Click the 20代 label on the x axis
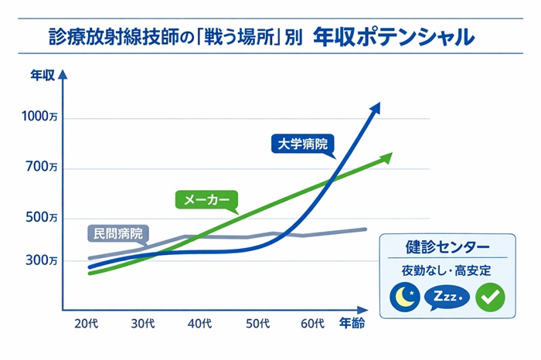(86, 323)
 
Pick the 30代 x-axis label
(143, 323)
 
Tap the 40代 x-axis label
(199, 323)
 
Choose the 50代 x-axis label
(257, 323)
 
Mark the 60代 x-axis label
(312, 323)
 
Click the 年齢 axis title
(352, 323)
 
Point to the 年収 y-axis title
(42, 76)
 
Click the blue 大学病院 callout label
(302, 144)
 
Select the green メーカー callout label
(204, 199)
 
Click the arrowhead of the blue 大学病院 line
(376, 107)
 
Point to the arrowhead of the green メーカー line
(387, 157)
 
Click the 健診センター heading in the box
(447, 247)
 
